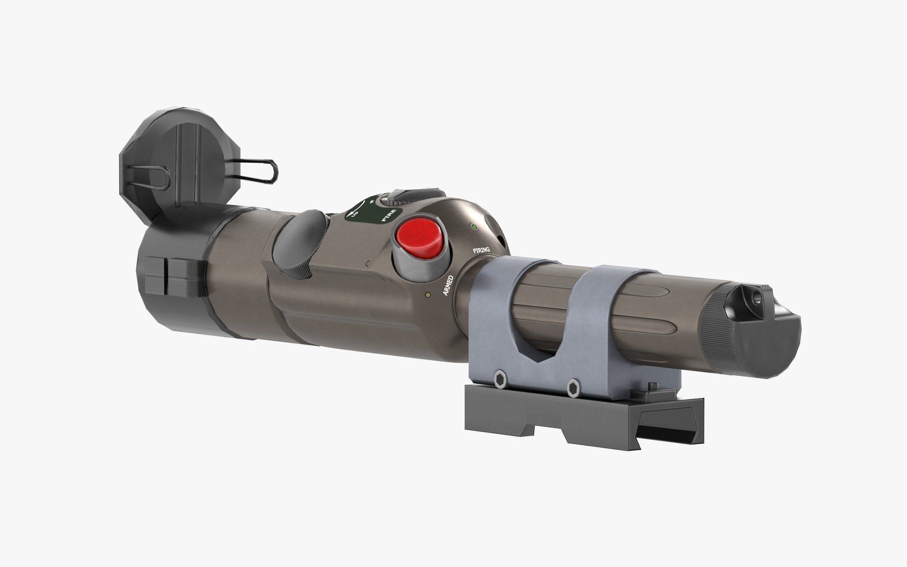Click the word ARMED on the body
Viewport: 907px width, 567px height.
448,285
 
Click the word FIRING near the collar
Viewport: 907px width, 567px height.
481,250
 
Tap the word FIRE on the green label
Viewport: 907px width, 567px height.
389,214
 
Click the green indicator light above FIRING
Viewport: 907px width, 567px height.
474,227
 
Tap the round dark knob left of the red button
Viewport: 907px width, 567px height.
298,239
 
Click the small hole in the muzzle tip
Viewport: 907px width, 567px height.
756,298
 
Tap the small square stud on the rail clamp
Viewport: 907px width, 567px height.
654,386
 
